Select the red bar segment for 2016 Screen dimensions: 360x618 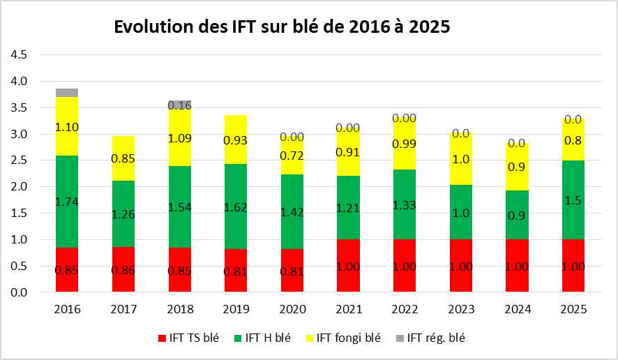(x=67, y=270)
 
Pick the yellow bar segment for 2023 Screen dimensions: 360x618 (x=461, y=158)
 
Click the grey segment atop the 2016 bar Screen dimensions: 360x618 (x=67, y=93)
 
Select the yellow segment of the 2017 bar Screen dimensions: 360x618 (x=123, y=158)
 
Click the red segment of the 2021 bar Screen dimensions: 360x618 (x=348, y=266)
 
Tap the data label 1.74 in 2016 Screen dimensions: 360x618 (x=67, y=201)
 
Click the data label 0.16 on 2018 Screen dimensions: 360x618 (x=180, y=105)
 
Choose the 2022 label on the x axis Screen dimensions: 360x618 (x=405, y=308)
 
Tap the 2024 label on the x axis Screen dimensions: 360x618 (x=518, y=308)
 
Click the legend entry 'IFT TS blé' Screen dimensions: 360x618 (x=193, y=338)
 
